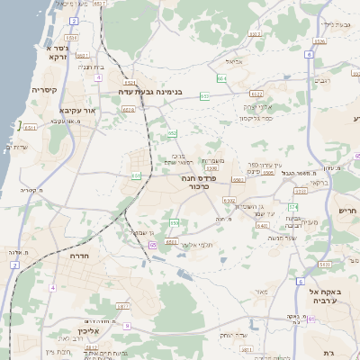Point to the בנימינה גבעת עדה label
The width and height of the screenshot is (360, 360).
156,92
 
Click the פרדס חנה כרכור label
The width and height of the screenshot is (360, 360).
201,182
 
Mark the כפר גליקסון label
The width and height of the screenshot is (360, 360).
257,117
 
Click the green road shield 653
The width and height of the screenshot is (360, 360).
205,95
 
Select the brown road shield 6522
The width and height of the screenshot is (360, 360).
256,94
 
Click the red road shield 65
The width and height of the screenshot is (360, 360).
154,244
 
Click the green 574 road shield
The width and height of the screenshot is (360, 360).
292,207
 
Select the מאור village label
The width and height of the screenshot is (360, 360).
262,292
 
